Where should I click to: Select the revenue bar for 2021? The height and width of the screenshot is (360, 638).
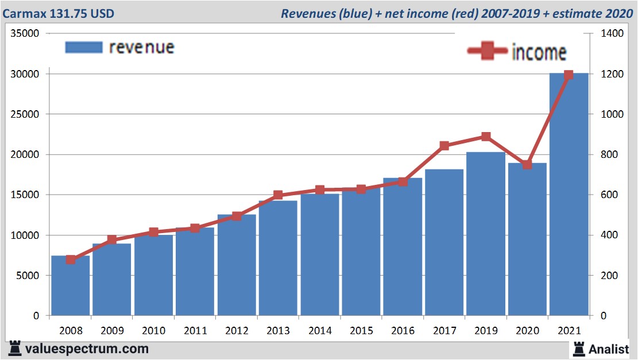coord(569,195)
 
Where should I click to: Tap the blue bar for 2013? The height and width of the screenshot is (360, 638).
coord(278,258)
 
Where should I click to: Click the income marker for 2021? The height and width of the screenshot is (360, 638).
coord(569,75)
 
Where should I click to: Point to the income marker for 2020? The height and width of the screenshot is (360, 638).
coord(527,165)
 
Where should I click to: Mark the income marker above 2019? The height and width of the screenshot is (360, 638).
coord(486,137)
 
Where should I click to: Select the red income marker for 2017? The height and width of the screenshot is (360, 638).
coord(444,146)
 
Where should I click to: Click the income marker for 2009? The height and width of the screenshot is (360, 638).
coord(112,239)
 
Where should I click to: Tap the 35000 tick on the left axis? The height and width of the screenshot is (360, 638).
coord(25,34)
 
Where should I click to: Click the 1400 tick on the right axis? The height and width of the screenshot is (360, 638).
coord(612,34)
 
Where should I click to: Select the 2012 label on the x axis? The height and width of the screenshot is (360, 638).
coord(237,331)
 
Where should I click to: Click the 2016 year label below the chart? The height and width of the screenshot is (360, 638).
coord(403,331)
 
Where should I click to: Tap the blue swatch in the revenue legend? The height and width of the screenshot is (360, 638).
coord(84,47)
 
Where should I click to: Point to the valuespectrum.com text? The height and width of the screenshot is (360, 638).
coord(86,349)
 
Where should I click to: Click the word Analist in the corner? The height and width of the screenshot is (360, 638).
coord(609,349)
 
